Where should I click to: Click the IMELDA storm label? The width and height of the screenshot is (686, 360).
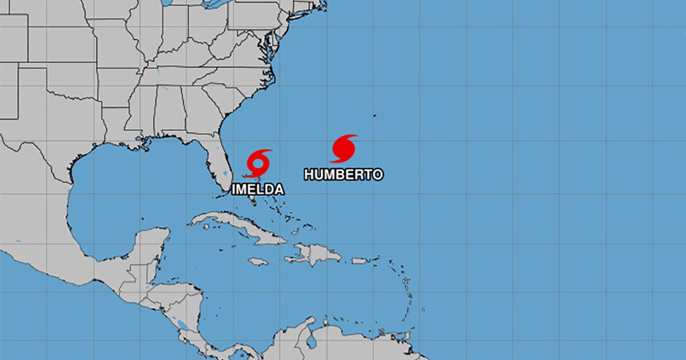tap(257, 189)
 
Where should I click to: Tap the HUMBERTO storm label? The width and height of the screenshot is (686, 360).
tap(343, 174)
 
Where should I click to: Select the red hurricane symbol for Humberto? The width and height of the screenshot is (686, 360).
tap(344, 149)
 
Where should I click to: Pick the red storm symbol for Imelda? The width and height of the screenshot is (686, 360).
tap(258, 163)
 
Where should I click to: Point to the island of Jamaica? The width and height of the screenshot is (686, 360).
tap(258, 261)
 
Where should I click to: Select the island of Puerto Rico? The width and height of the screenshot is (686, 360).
tap(360, 261)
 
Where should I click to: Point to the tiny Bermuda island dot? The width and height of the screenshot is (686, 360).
tap(375, 115)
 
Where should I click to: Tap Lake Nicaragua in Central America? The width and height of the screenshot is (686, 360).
tap(182, 326)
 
